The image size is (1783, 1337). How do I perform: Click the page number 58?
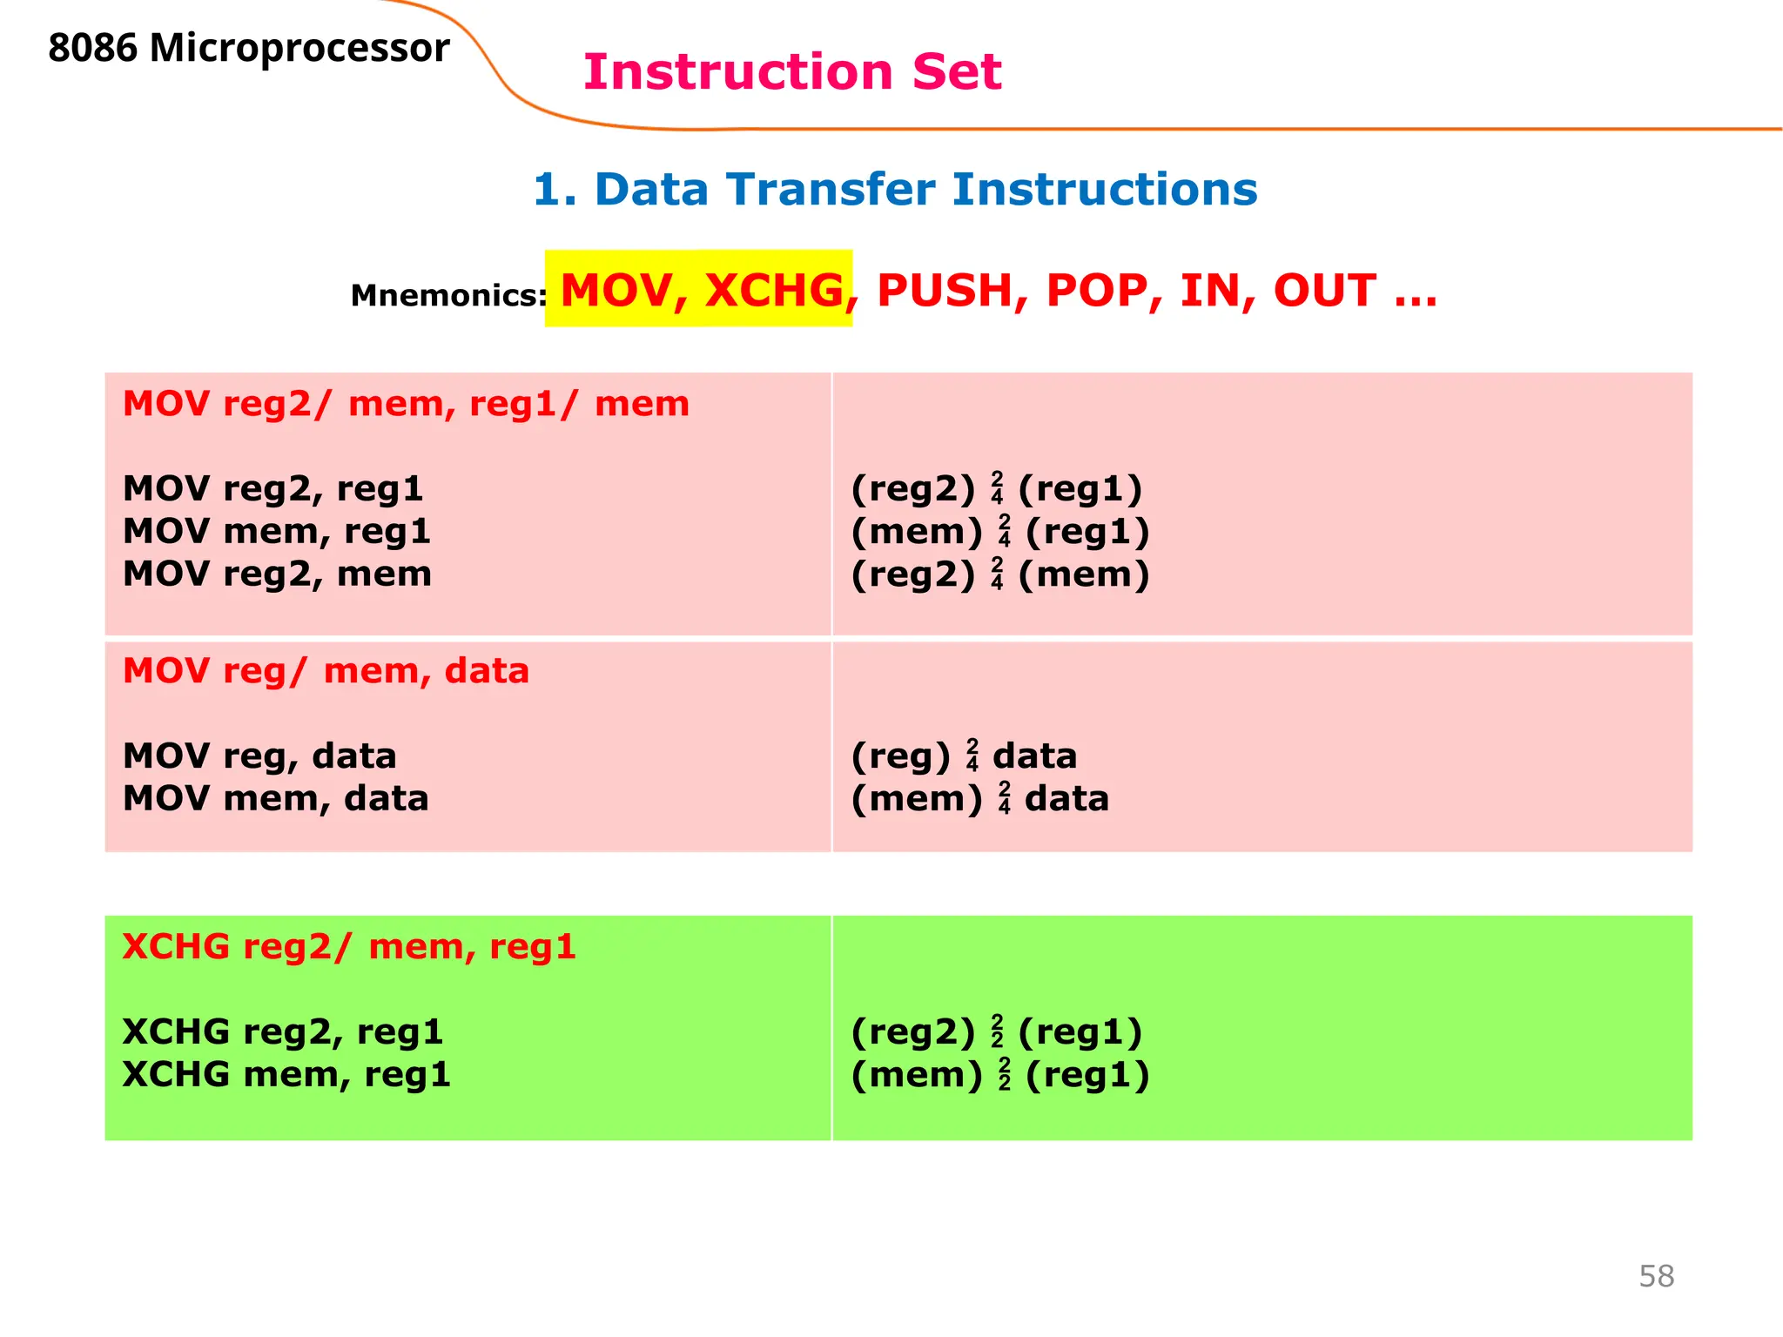pyautogui.click(x=1656, y=1276)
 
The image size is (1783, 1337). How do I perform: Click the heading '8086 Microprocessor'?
pyautogui.click(x=249, y=48)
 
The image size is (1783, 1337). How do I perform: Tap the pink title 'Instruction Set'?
pyautogui.click(x=792, y=71)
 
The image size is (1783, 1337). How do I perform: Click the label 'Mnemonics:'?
pyautogui.click(x=448, y=296)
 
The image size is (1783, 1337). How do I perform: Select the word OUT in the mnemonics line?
pyautogui.click(x=1324, y=290)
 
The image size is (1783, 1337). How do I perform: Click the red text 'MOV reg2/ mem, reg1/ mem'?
pyautogui.click(x=406, y=404)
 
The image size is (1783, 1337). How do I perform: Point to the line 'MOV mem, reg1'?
pyautogui.click(x=276, y=531)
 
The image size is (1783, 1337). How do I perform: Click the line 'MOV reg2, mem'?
pyautogui.click(x=277, y=574)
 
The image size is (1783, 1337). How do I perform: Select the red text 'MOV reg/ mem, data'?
pyautogui.click(x=326, y=671)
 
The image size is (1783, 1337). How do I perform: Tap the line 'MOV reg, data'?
pyautogui.click(x=259, y=756)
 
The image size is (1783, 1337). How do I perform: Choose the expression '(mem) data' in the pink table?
pyautogui.click(x=979, y=798)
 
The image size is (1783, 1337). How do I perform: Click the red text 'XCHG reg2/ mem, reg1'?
pyautogui.click(x=349, y=946)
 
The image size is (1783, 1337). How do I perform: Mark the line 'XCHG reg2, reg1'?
pyautogui.click(x=283, y=1031)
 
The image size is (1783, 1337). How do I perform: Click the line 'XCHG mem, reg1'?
pyautogui.click(x=286, y=1074)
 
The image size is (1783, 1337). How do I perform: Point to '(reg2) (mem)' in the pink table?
pyautogui.click(x=999, y=574)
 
